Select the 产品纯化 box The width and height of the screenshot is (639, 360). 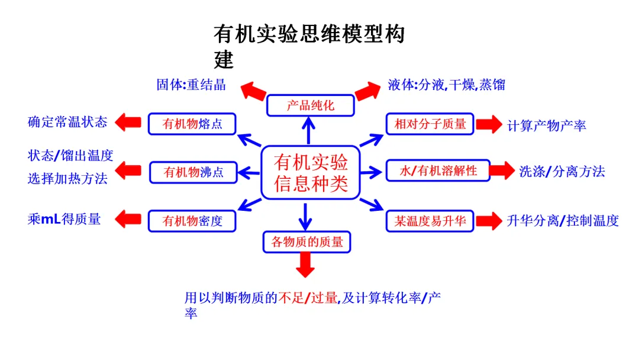click(x=310, y=105)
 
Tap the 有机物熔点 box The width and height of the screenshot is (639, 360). click(x=192, y=124)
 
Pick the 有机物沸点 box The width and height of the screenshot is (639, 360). click(x=193, y=172)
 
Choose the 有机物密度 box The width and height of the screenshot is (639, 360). click(x=192, y=221)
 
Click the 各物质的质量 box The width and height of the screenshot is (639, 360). click(x=306, y=242)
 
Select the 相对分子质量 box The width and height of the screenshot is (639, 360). click(x=430, y=124)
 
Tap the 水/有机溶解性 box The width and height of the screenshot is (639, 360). click(x=438, y=171)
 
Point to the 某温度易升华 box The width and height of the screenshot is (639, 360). click(x=430, y=221)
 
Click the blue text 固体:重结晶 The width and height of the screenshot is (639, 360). click(x=191, y=84)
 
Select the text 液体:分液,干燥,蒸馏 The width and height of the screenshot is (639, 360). click(x=447, y=84)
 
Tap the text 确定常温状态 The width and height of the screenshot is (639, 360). click(x=67, y=123)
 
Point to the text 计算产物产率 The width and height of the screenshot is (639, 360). click(x=547, y=126)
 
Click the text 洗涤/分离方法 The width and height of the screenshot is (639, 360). click(x=562, y=172)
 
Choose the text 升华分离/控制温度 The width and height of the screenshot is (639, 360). click(x=563, y=221)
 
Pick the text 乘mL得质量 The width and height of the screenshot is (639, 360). click(x=64, y=219)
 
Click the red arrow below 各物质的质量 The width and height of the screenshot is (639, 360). click(x=305, y=265)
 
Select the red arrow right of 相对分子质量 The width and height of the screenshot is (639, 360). click(x=489, y=124)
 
